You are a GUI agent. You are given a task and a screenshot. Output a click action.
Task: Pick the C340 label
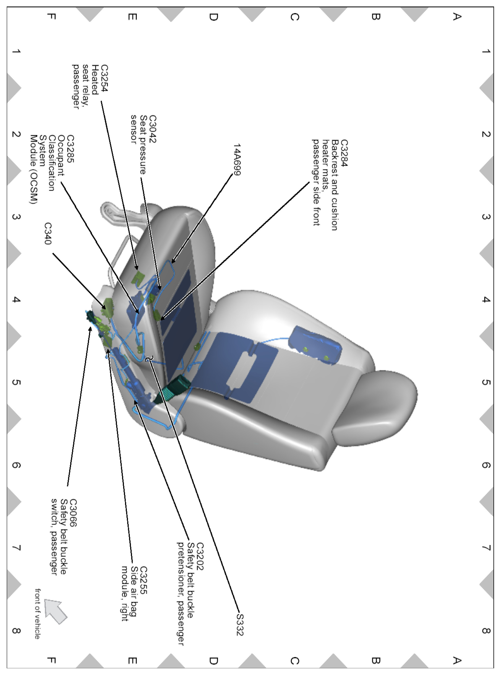click(48, 234)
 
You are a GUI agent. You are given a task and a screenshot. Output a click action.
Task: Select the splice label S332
click(240, 625)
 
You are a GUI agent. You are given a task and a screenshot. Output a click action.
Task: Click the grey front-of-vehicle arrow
click(55, 611)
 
